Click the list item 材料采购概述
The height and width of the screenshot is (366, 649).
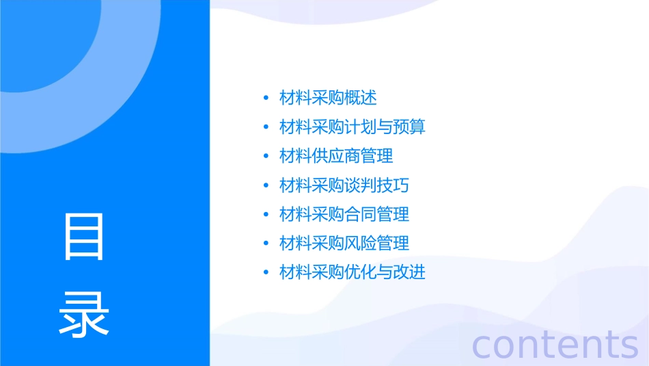[x=328, y=98]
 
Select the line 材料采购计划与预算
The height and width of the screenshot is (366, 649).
[x=353, y=127]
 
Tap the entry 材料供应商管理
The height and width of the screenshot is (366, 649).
[x=336, y=156]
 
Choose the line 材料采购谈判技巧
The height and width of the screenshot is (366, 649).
[x=344, y=185]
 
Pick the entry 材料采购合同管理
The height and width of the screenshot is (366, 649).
[x=344, y=214]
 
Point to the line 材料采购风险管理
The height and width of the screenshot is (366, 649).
[x=344, y=244]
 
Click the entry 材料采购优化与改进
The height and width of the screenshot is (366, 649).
[x=353, y=272]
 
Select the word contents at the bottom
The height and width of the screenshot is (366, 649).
[x=555, y=344]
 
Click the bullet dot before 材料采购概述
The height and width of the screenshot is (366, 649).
[x=266, y=99]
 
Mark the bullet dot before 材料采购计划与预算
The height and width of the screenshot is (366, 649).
[x=266, y=127]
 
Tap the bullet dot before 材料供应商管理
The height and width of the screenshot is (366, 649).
[x=266, y=157]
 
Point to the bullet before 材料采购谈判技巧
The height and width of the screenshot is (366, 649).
[x=266, y=185]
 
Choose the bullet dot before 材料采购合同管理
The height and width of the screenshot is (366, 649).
[x=266, y=215]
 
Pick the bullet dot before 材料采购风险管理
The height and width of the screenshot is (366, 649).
[x=266, y=244]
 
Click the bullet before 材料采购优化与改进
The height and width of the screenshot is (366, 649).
[x=266, y=273]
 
